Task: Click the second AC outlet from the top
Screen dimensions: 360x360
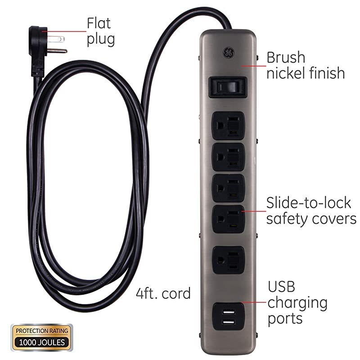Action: (227, 155)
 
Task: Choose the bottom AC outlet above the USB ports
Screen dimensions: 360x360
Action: (227, 260)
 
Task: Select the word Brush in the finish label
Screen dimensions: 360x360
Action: (286, 58)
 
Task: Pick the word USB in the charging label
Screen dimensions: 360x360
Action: (282, 286)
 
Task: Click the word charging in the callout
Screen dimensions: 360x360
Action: (297, 302)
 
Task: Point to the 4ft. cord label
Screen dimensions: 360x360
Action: (163, 293)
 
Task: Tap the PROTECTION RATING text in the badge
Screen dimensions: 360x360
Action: (41, 331)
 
